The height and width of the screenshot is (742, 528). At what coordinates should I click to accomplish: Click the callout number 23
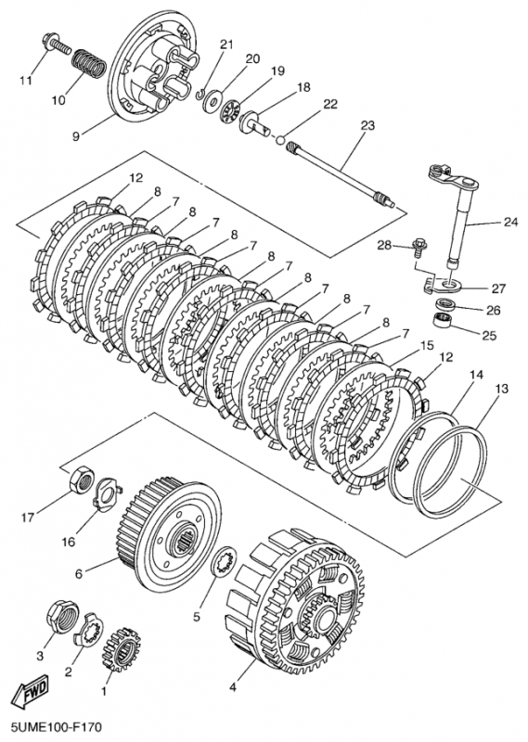tap(367, 125)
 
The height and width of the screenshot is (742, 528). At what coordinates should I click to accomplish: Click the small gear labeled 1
tap(122, 648)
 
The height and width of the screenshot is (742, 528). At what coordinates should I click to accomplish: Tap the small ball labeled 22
tap(280, 140)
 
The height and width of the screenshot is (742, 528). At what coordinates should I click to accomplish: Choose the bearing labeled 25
tap(444, 319)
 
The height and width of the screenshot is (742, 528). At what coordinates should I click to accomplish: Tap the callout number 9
tap(76, 136)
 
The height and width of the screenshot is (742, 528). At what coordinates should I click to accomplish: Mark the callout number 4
tap(233, 687)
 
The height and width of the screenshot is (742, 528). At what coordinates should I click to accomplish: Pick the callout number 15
tap(427, 346)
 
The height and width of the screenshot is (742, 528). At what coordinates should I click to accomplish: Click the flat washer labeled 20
tap(212, 100)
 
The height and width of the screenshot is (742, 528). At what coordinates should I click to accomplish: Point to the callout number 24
tap(510, 221)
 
